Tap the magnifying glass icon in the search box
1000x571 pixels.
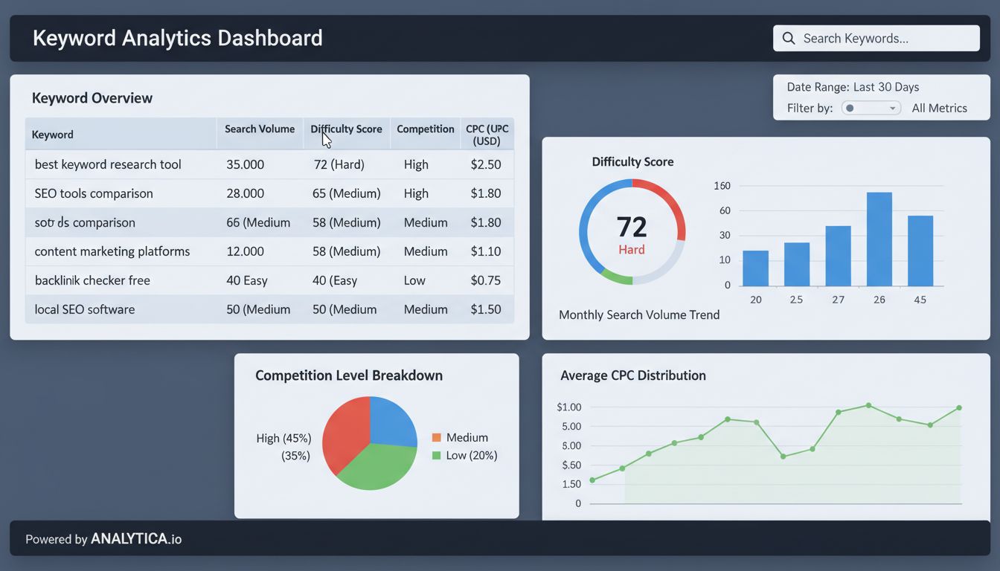[x=789, y=39]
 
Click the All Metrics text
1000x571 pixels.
[x=939, y=109]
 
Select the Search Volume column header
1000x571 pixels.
[x=260, y=129]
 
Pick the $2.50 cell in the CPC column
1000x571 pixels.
[x=485, y=164]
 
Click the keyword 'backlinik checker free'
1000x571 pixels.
[x=92, y=280]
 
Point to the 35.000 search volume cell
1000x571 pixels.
[x=245, y=164]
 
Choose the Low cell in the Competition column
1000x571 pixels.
[x=414, y=280]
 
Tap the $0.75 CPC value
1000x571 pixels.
[x=485, y=280]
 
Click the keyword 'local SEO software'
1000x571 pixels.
[x=85, y=309]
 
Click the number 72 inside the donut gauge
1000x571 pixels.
[x=632, y=226]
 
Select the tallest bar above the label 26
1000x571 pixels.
[x=879, y=239]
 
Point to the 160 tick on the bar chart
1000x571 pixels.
[x=722, y=186]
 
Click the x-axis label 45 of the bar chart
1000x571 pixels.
[x=920, y=300]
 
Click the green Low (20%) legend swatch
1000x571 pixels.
[x=437, y=456]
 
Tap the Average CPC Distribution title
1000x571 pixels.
[x=632, y=375]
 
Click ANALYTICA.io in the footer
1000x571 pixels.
[x=136, y=539]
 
